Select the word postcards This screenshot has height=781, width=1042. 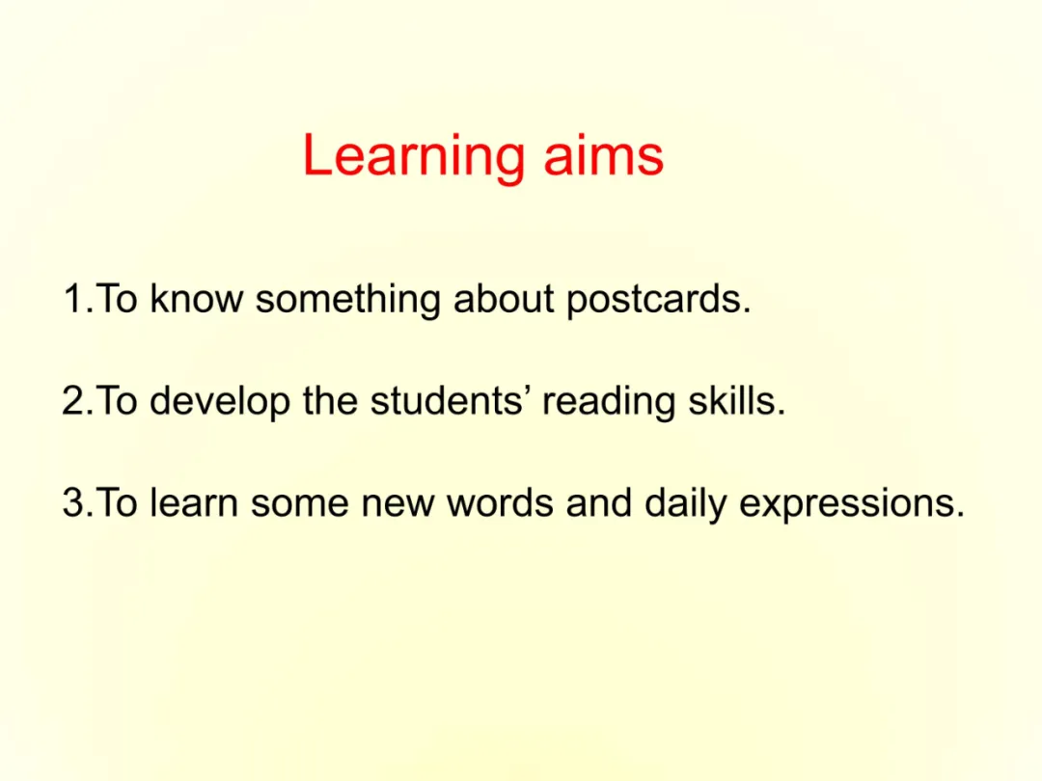click(x=659, y=300)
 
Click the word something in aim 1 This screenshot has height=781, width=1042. click(x=348, y=300)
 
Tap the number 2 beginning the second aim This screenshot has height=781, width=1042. click(x=73, y=400)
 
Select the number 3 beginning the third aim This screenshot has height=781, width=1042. click(x=73, y=502)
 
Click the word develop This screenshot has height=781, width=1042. click(x=220, y=402)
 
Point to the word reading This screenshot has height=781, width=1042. click(x=609, y=402)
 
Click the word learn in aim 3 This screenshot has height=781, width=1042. click(x=194, y=502)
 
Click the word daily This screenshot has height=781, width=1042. click(x=685, y=504)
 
